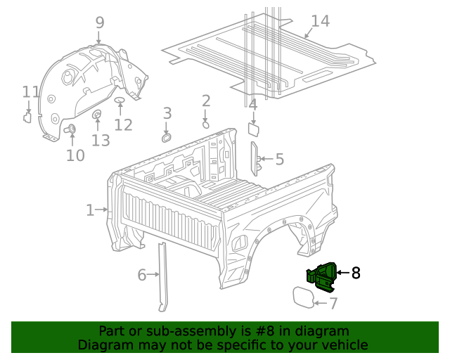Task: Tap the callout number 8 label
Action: coord(356,273)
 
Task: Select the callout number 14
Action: coord(320,21)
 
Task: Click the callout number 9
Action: coord(99,22)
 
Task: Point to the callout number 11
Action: coord(30,92)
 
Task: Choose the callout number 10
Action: coord(75,155)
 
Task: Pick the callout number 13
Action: coord(101,141)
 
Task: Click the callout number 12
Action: coord(123,125)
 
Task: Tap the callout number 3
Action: coord(167,113)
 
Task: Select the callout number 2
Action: coord(206,101)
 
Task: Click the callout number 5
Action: coord(279,160)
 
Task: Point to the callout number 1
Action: coord(90,210)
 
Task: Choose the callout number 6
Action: coord(142,275)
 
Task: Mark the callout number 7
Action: coord(333,303)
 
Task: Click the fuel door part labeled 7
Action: coord(303,296)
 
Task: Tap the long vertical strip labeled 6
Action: coord(162,276)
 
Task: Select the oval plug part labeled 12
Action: coord(120,101)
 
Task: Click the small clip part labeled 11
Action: coord(27,117)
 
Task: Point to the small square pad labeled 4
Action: coord(254,129)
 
